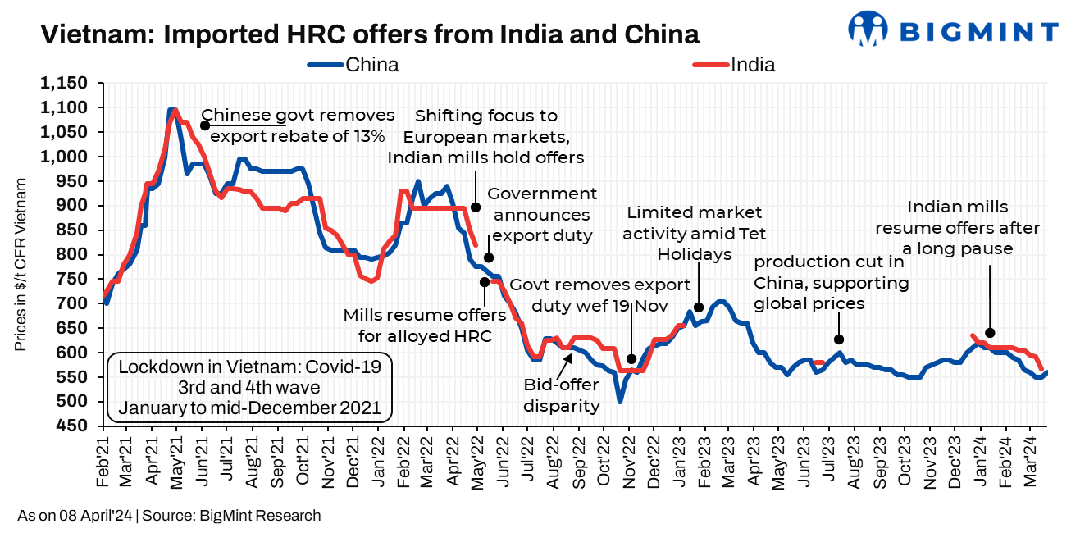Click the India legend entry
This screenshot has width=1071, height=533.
point(735,65)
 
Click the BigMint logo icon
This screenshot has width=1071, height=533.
point(868,31)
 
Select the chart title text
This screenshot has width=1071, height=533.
point(370,34)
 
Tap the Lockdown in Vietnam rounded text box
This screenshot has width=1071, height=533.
point(249,386)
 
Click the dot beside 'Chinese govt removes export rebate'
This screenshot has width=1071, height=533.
point(205,125)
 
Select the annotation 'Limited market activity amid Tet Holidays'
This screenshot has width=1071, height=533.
point(694,234)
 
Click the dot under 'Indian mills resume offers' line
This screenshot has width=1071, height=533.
point(990,333)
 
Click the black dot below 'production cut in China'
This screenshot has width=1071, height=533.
point(839,339)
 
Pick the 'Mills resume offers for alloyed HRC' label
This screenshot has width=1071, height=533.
point(412,325)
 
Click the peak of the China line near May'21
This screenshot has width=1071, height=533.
point(172,110)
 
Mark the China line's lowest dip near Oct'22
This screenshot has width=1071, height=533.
point(620,401)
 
